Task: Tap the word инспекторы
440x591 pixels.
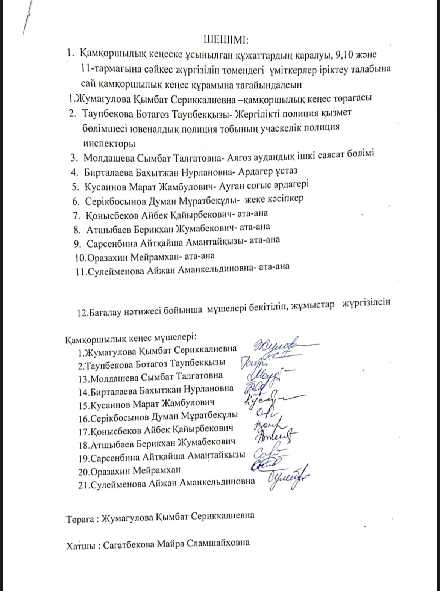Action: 109,143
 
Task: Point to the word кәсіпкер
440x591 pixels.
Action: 286,198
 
